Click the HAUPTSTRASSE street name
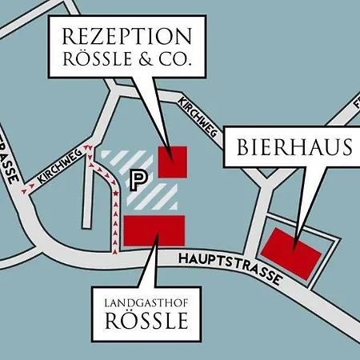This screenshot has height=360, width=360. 229,267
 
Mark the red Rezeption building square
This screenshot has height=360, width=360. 172,161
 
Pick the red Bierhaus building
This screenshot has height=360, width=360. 291,251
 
